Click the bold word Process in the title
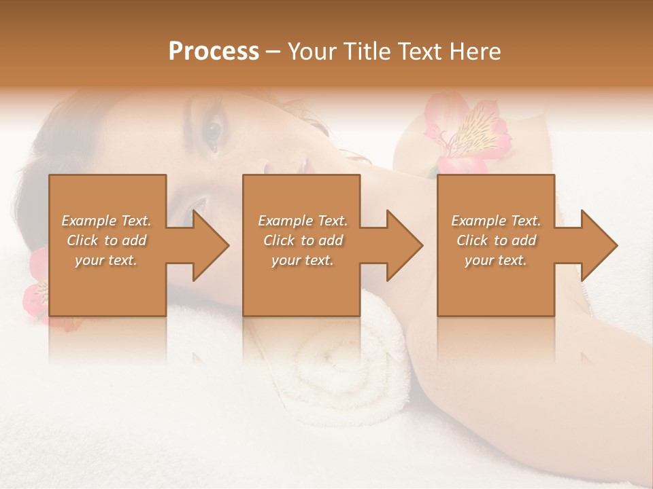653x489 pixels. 214,52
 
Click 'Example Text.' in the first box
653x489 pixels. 106,221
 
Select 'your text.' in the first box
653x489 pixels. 106,260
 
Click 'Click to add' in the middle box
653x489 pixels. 303,240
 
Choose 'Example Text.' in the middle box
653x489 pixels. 303,221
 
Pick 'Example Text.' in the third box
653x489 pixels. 496,221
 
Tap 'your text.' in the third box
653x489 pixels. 496,260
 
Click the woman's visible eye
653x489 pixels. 214,128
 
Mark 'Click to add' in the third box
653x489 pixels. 496,240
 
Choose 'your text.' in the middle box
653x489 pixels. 303,260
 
